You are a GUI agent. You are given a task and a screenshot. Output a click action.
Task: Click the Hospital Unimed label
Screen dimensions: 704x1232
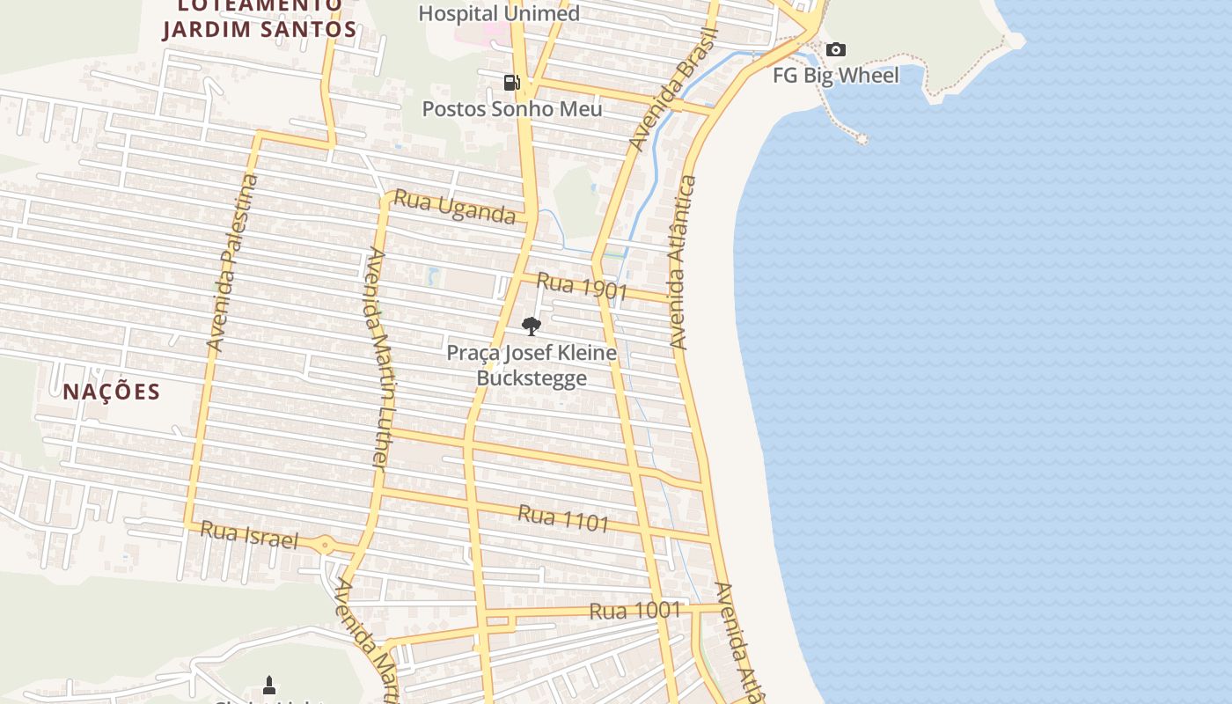[x=499, y=14]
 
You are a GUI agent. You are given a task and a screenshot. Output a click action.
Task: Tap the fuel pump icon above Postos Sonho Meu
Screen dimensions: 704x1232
[x=511, y=83]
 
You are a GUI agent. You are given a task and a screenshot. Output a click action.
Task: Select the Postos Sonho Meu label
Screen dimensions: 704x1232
[x=512, y=109]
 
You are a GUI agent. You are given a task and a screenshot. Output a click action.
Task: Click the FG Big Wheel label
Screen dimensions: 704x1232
[x=836, y=76]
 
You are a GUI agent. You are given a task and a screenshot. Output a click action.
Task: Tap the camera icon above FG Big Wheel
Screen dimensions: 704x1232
[x=836, y=50]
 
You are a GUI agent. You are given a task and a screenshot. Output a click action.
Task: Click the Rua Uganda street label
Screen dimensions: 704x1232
[x=454, y=207]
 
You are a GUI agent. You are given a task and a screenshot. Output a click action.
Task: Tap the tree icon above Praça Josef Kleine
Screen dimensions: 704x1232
[x=531, y=326]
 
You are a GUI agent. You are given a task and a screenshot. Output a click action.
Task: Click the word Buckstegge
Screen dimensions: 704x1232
[x=532, y=378]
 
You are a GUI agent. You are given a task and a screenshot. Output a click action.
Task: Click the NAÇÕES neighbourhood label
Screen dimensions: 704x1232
[x=112, y=392]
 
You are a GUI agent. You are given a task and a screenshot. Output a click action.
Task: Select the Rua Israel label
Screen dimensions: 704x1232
[x=249, y=534]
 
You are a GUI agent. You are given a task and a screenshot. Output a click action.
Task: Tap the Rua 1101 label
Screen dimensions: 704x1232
[x=563, y=518]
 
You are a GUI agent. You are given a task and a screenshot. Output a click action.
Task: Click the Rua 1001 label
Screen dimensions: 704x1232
[x=635, y=610]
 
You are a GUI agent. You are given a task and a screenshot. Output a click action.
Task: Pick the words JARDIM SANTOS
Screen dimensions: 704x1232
[x=260, y=29]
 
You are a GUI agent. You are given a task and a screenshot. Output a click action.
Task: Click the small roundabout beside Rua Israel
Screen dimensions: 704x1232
[x=326, y=546]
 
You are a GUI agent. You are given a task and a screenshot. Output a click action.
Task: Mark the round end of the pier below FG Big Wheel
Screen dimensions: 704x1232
[x=862, y=139]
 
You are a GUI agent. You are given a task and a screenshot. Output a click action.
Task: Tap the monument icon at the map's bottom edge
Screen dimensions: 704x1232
[x=269, y=685]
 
